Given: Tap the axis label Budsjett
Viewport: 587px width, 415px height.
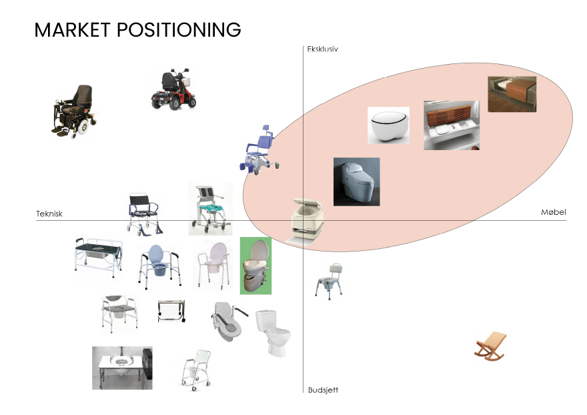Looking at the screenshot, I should tap(323, 390).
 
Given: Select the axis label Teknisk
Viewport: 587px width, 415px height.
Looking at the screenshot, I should tap(49, 214).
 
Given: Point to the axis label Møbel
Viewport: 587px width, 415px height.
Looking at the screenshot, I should tap(553, 212).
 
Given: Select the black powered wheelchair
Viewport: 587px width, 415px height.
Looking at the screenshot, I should tap(73, 111).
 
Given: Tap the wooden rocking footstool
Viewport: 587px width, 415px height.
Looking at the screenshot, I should tap(490, 346).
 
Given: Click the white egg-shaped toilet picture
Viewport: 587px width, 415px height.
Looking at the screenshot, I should tap(388, 125).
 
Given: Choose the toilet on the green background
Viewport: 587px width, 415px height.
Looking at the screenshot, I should tap(256, 266).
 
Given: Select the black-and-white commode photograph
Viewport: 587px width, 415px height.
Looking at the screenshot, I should tap(122, 368).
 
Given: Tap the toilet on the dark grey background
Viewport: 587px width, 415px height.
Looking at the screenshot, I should tap(356, 181).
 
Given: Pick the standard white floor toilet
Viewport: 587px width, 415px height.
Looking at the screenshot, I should tap(273, 332).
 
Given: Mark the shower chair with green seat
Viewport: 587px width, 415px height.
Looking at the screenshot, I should tap(210, 208).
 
